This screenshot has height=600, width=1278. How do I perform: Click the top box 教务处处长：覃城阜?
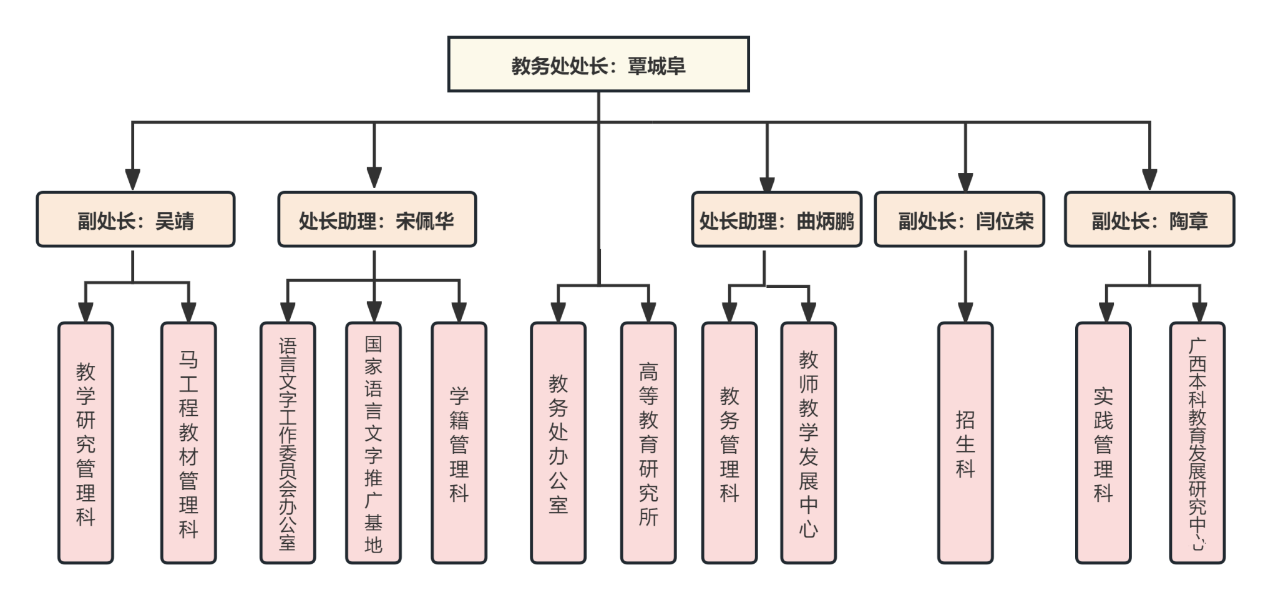(598, 65)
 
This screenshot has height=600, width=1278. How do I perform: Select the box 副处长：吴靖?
(135, 220)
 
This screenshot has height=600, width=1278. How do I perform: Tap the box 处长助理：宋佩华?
(376, 220)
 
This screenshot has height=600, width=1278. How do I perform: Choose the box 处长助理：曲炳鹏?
(776, 220)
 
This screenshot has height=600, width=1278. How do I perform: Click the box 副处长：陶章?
(1149, 220)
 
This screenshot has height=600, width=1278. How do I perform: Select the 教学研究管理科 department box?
(86, 443)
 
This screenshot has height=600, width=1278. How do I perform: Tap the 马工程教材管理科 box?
(188, 443)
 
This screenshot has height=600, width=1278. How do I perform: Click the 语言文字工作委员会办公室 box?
(288, 443)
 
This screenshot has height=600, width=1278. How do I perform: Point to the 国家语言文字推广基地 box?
(373, 443)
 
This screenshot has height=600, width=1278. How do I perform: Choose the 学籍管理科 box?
(459, 443)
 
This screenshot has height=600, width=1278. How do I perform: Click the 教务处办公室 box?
(558, 443)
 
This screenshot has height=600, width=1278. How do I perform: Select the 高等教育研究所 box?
(648, 443)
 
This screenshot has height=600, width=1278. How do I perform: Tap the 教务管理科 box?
(729, 443)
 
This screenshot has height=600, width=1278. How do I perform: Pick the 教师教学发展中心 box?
(808, 443)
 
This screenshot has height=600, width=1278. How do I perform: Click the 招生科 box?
(965, 443)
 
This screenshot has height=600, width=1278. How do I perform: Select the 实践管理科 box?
(1103, 443)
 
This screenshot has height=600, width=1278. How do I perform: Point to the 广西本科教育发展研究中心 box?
(1197, 443)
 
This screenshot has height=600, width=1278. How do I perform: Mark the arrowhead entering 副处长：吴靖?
(132, 179)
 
